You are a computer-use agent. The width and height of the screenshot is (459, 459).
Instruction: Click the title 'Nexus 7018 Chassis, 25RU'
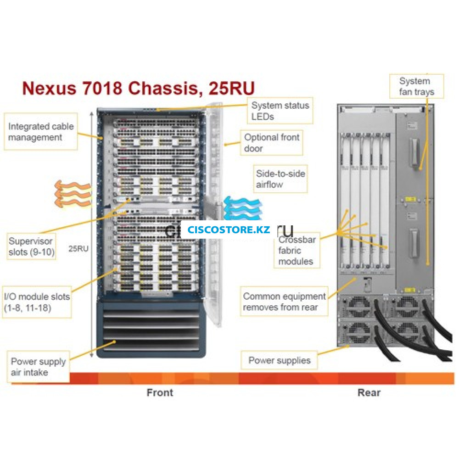[138, 88]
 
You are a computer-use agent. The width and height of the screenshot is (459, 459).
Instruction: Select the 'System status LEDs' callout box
[280, 111]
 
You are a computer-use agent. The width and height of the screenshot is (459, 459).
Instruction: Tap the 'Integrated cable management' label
[41, 132]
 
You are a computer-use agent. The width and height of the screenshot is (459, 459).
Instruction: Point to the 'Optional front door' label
[272, 143]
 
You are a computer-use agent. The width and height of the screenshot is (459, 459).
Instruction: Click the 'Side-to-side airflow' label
[280, 179]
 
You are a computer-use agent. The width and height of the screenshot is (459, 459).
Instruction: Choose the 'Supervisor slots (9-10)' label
[31, 246]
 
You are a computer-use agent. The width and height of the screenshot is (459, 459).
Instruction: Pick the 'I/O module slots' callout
[37, 302]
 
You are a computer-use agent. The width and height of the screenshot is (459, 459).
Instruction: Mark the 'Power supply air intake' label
[39, 367]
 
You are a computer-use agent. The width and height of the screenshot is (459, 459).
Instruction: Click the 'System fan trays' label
[416, 86]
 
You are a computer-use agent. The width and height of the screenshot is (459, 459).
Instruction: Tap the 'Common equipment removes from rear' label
[285, 302]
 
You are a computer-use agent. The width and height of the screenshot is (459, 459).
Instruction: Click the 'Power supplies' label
[279, 360]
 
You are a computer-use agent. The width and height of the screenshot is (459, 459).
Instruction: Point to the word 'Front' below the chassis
[160, 392]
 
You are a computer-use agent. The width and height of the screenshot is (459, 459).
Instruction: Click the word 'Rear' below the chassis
[369, 392]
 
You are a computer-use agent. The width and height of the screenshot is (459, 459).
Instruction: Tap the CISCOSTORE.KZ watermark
[229, 229]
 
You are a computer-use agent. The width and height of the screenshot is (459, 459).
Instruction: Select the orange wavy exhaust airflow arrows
[71, 194]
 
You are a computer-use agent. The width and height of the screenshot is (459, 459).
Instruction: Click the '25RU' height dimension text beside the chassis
[78, 249]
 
